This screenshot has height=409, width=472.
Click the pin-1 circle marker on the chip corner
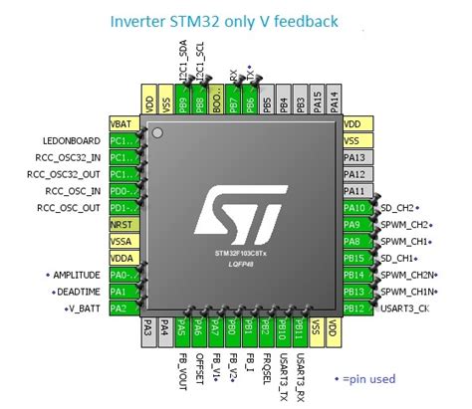click(x=155, y=131)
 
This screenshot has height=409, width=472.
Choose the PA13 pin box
click(x=355, y=157)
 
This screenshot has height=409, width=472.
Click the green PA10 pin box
click(x=355, y=208)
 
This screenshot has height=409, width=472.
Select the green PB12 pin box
click(x=355, y=309)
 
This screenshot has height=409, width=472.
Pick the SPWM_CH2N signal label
click(x=408, y=276)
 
